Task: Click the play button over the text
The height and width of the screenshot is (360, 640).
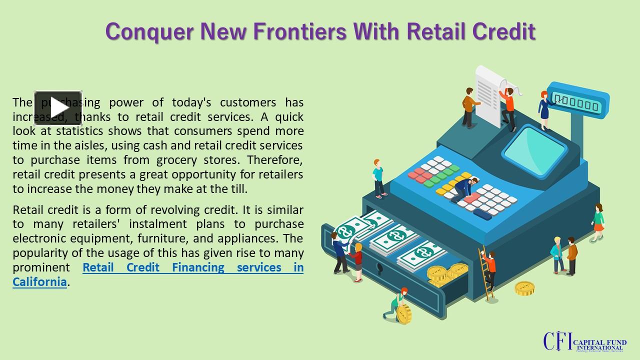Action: (58, 108)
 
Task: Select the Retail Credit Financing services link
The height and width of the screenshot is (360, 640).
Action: (193, 267)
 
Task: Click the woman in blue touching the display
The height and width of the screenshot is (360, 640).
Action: (543, 107)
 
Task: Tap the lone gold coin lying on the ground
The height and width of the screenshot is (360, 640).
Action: (524, 288)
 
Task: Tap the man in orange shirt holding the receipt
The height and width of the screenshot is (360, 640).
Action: (507, 105)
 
